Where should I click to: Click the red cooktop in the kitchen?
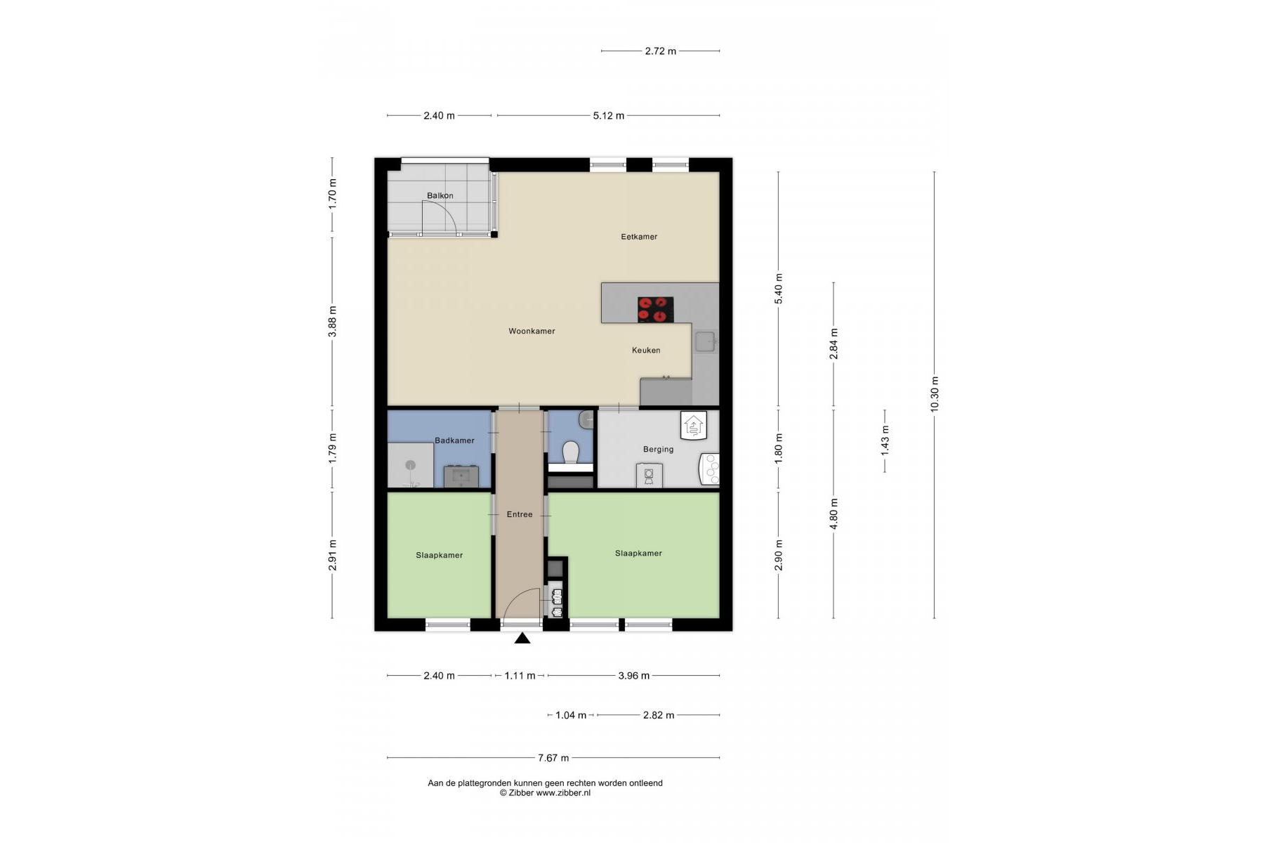tap(656, 310)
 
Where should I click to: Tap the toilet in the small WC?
tap(570, 452)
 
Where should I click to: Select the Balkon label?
tap(440, 196)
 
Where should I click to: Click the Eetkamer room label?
tap(639, 237)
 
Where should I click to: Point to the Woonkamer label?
tap(532, 331)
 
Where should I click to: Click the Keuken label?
tap(646, 350)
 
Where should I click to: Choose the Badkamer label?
tap(454, 440)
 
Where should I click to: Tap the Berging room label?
tap(658, 449)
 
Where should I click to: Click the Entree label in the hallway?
tap(520, 514)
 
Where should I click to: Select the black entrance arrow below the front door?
tap(522, 638)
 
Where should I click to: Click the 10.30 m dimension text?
tap(934, 395)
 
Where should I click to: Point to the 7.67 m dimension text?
tap(553, 758)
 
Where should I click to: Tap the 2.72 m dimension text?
tap(661, 51)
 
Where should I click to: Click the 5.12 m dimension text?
tap(608, 115)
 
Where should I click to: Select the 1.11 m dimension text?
tap(520, 676)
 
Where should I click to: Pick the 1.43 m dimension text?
tap(884, 440)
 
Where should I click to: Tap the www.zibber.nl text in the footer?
tap(563, 792)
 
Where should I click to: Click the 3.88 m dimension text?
tap(332, 321)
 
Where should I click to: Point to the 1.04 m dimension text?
tap(570, 715)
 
